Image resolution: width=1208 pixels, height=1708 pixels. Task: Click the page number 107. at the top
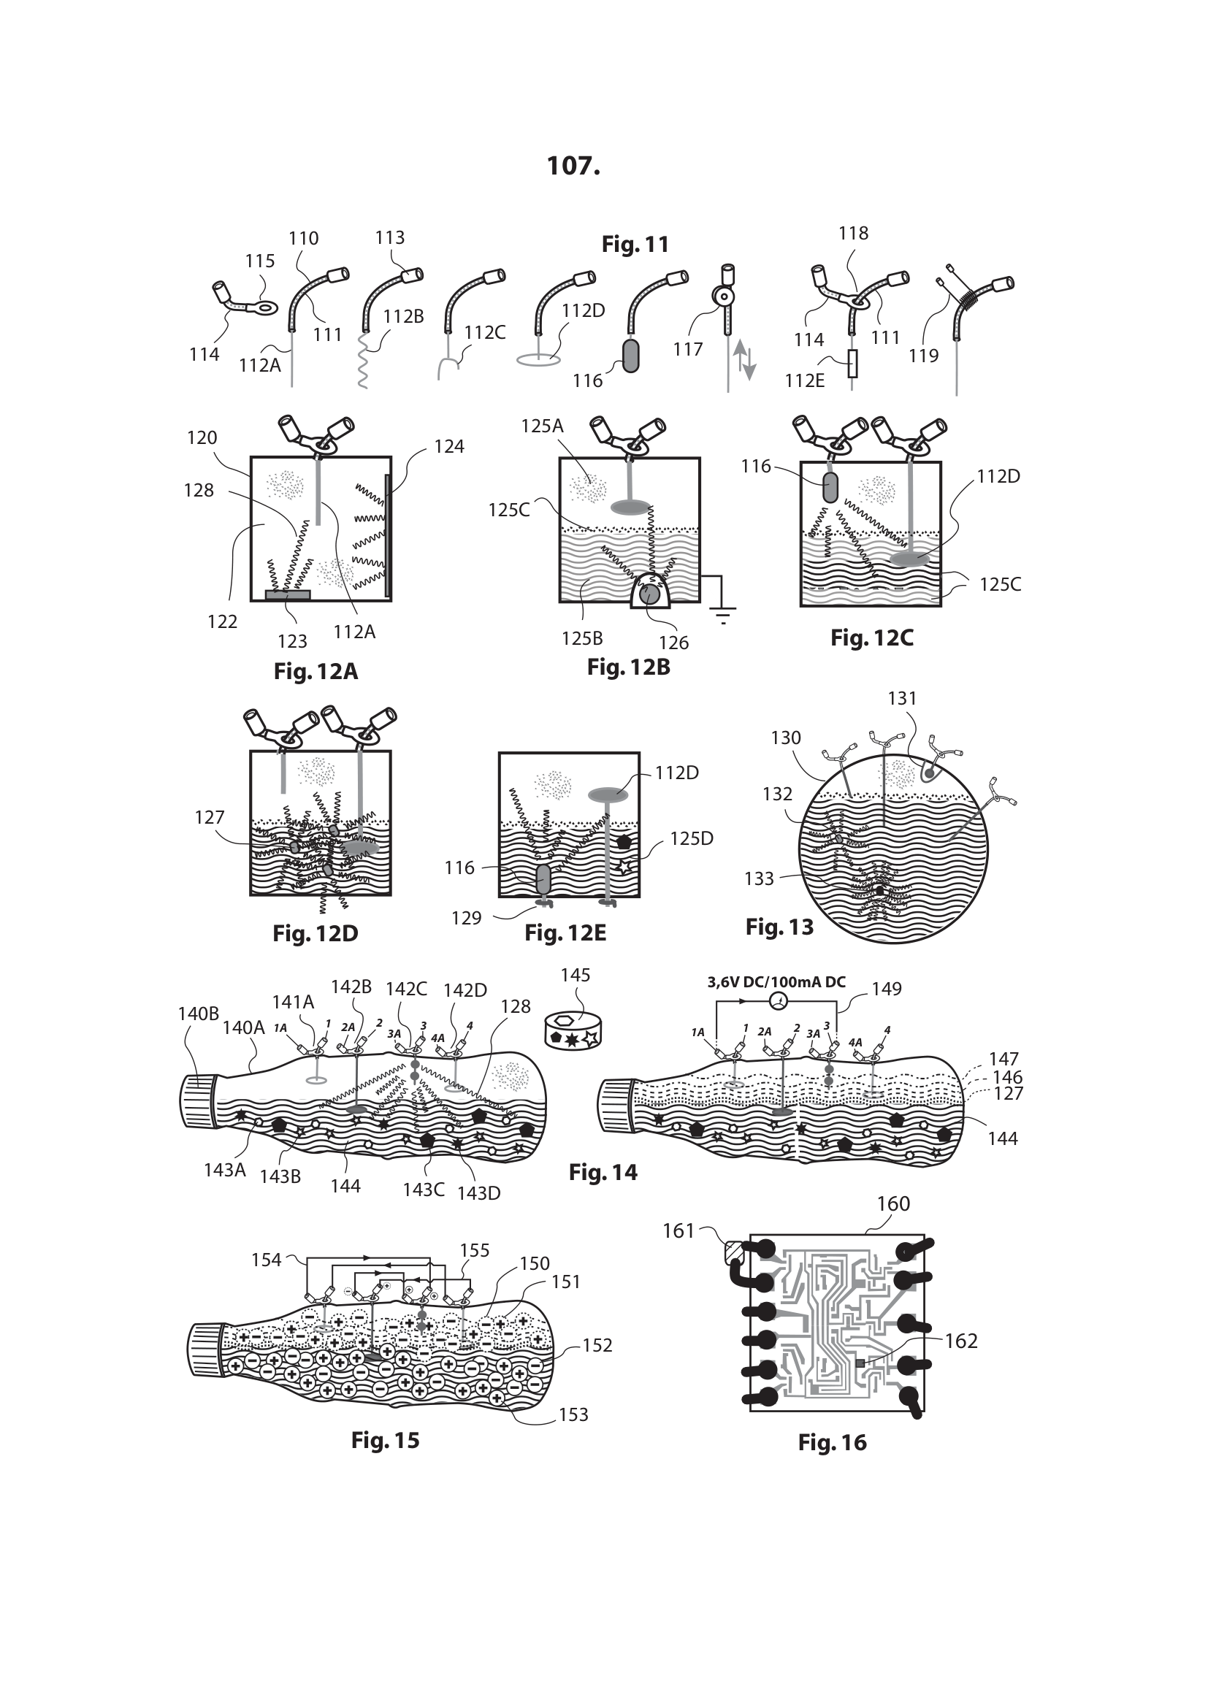tap(573, 165)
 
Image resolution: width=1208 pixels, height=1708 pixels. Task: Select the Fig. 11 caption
tap(635, 244)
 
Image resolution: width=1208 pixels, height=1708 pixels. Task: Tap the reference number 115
tap(259, 261)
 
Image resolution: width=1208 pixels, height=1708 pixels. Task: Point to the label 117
tap(688, 349)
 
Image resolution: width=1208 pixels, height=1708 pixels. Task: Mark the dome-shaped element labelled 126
tap(650, 591)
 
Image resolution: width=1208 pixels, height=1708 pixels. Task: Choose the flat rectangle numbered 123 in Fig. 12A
tap(288, 594)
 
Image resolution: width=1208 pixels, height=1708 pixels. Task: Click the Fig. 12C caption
tap(872, 638)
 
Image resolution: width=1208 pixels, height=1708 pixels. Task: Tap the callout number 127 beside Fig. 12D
tap(210, 818)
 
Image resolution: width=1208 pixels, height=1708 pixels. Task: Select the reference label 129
tap(467, 918)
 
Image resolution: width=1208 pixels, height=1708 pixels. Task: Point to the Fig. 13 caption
tap(779, 927)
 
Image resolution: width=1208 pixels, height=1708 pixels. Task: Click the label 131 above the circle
tap(902, 699)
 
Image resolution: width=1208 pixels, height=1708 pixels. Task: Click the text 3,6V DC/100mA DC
tap(776, 982)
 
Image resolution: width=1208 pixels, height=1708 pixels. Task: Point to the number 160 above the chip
tap(893, 1203)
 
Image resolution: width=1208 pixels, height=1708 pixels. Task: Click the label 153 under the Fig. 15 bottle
tap(573, 1415)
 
